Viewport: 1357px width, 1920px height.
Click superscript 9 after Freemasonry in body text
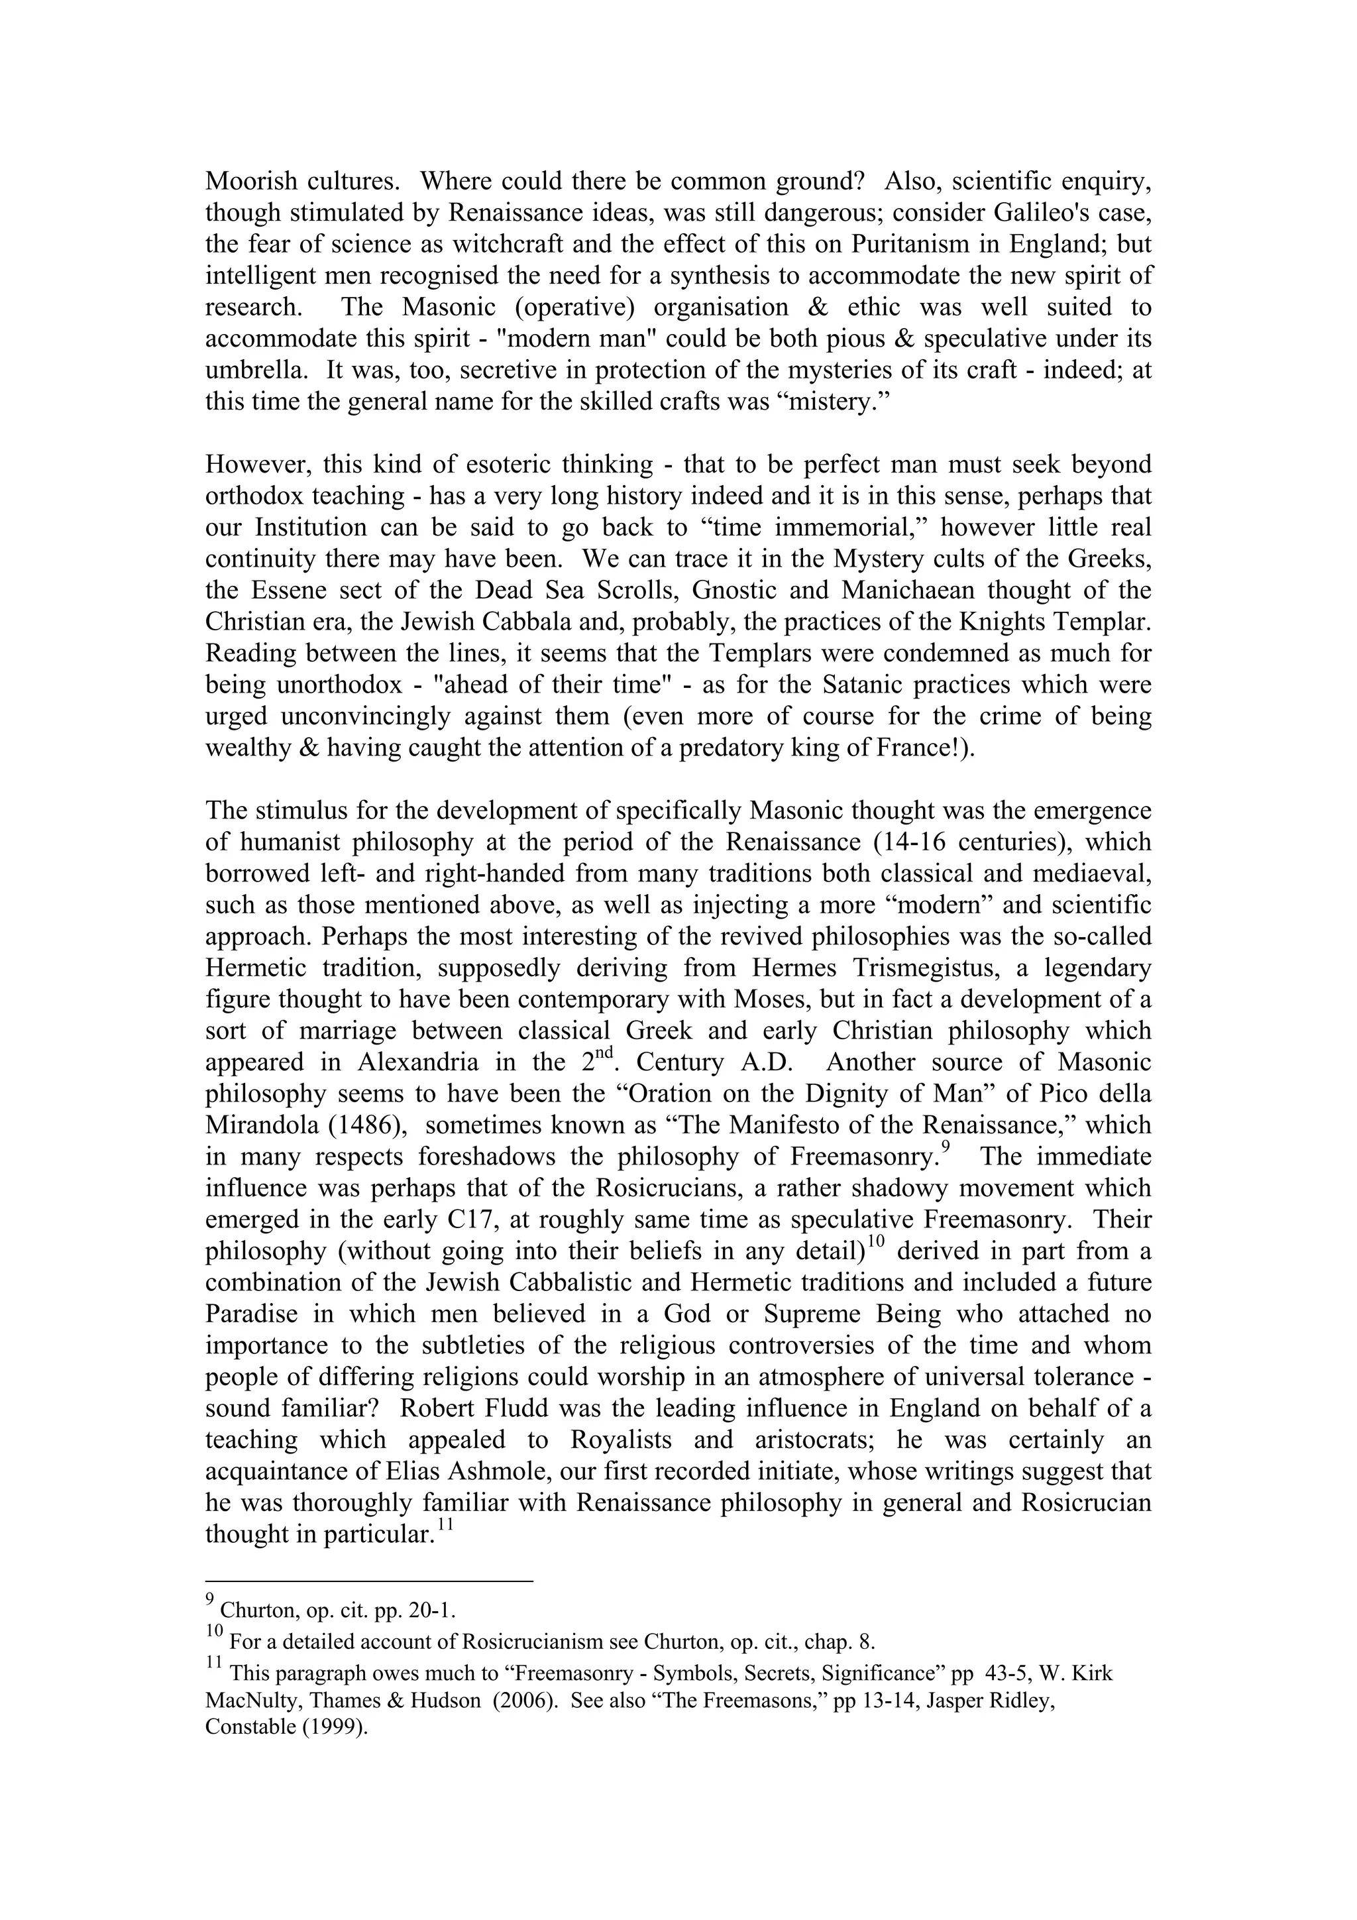tap(945, 1147)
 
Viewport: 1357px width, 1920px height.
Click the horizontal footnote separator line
tap(368, 1581)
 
